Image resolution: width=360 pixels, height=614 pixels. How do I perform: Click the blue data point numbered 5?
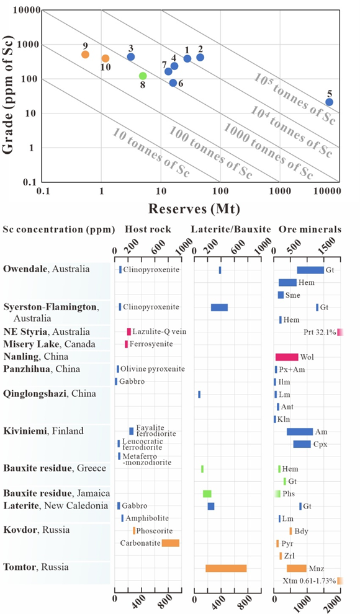click(329, 102)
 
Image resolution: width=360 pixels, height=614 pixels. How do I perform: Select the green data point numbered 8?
click(143, 76)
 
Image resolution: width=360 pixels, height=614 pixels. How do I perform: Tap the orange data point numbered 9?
click(86, 55)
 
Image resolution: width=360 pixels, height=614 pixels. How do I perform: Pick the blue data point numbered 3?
click(131, 57)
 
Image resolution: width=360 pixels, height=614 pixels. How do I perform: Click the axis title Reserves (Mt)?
click(194, 209)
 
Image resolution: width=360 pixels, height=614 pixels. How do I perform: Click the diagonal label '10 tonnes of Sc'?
click(151, 153)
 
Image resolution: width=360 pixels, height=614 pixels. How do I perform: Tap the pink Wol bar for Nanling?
click(287, 357)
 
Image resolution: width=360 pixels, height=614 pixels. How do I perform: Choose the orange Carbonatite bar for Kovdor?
click(171, 543)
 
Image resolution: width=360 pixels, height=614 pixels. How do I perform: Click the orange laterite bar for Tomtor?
click(226, 568)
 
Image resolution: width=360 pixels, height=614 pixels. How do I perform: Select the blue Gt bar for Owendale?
click(310, 270)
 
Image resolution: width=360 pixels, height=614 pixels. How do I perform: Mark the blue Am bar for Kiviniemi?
click(300, 432)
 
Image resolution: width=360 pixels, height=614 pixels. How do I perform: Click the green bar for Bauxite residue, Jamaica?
click(207, 494)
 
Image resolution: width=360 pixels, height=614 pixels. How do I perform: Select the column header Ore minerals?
click(310, 229)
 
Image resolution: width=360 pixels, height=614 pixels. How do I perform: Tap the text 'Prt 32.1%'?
click(320, 332)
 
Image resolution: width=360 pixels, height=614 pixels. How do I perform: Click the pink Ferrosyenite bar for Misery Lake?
click(126, 344)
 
